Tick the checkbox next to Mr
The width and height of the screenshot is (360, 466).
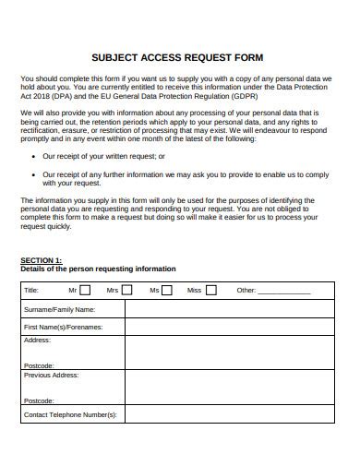tap(85, 290)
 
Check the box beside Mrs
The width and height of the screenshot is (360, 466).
tap(126, 290)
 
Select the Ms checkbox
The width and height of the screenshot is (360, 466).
tap(167, 290)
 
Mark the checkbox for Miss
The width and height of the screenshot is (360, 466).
tap(210, 290)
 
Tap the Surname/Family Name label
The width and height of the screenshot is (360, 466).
tap(59, 309)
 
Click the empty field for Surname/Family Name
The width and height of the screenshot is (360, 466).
tap(228, 309)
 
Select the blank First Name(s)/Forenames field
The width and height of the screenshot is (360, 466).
tap(228, 327)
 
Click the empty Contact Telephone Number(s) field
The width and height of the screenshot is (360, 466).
tap(228, 415)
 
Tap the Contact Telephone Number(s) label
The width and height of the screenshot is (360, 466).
tap(70, 415)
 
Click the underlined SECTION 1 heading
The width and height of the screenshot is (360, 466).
tap(42, 260)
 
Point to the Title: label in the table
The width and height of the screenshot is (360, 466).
tap(31, 291)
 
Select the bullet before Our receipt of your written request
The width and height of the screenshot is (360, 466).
tap(33, 157)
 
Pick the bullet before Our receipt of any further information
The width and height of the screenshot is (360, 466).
tap(33, 173)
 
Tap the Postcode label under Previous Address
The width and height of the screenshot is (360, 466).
tap(39, 400)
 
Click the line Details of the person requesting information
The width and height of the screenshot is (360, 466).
tap(98, 269)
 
